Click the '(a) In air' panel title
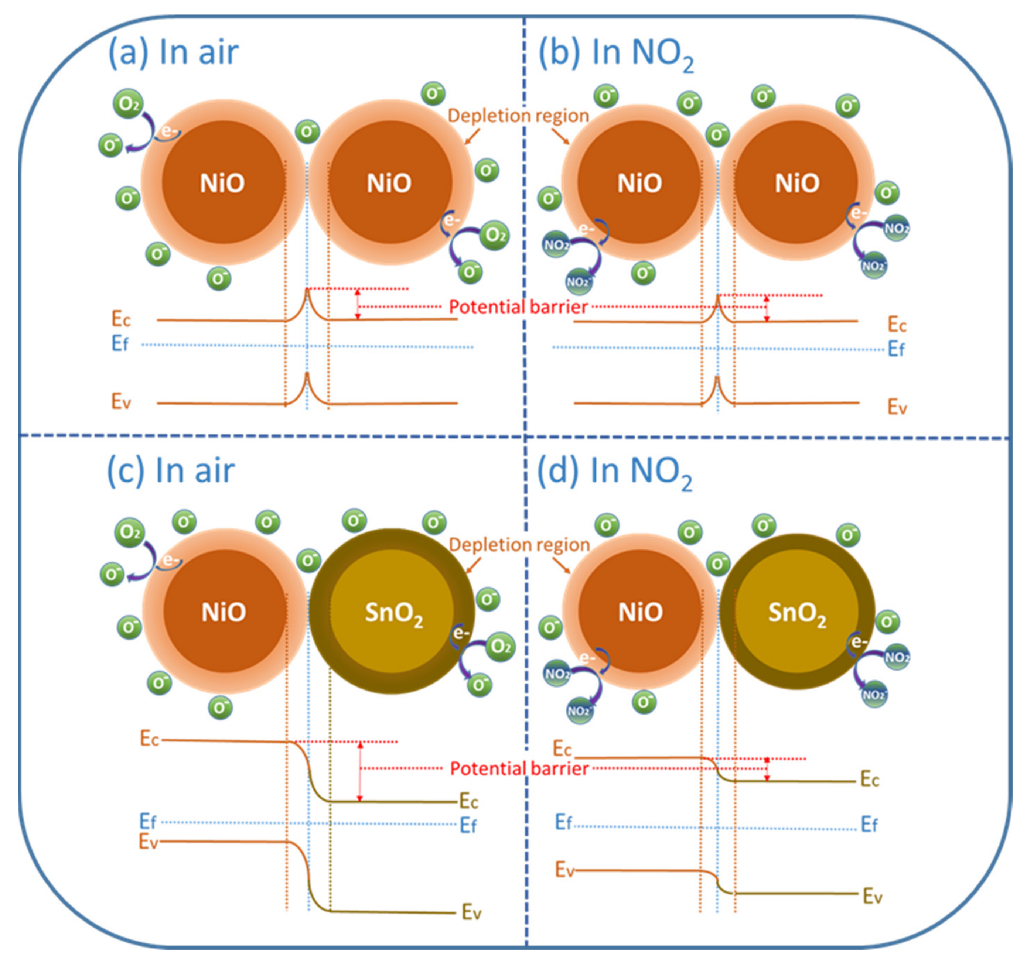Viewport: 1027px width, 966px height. coord(174,53)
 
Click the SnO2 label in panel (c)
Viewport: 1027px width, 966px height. coord(394,613)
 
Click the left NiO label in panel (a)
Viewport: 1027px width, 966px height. coord(222,183)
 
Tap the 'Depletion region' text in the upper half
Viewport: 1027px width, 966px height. coord(518,116)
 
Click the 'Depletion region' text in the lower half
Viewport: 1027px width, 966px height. coord(519,545)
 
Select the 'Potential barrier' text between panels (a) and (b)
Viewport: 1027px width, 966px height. coord(518,307)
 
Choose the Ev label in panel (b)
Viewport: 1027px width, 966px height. coord(897,407)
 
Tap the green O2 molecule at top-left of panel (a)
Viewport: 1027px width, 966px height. coord(128,104)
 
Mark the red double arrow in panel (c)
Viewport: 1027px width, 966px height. coord(360,772)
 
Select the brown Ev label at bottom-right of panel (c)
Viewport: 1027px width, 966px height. coord(471,913)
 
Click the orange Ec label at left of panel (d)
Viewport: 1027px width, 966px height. coord(562,748)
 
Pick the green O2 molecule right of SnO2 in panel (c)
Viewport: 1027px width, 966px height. coord(500,647)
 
